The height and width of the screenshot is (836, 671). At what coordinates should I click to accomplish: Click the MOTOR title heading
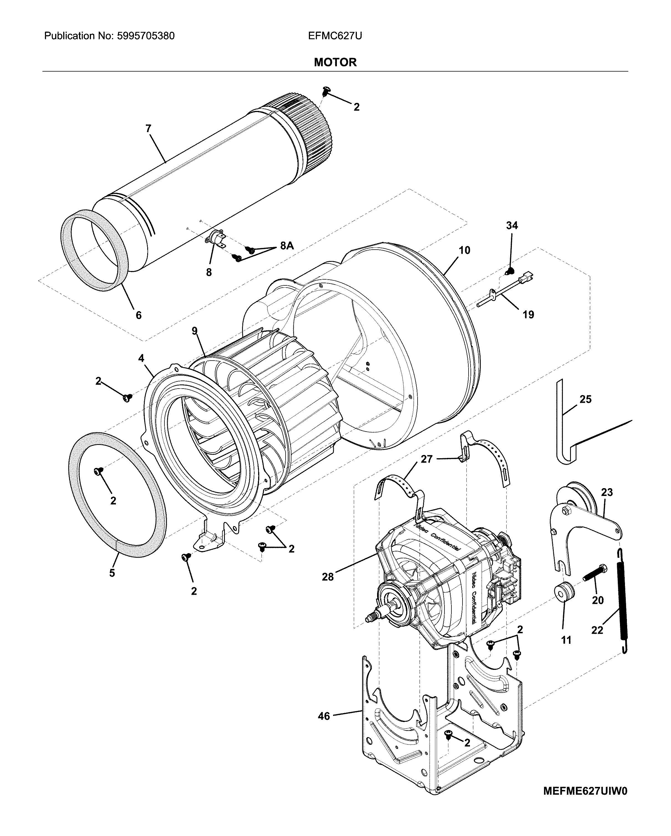pos(335,62)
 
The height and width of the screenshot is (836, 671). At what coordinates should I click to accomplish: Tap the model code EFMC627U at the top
pos(335,36)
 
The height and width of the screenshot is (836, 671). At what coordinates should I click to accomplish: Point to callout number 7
pos(148,128)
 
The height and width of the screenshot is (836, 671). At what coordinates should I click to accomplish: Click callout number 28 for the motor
pos(327,577)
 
